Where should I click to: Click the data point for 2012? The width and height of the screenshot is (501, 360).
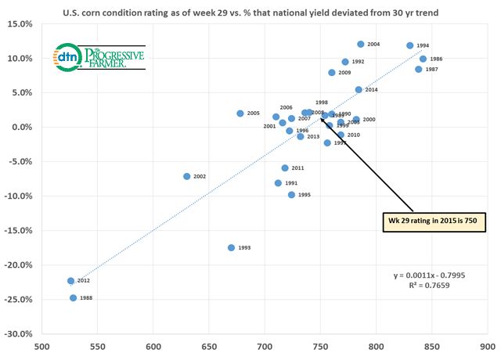click(70, 281)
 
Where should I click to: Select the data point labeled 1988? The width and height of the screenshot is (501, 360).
click(74, 298)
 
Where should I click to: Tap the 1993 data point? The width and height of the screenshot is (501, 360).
click(231, 248)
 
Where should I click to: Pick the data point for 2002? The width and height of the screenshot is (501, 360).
click(186, 177)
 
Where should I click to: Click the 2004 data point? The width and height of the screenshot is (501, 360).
click(361, 45)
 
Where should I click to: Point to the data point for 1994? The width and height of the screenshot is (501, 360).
click(410, 46)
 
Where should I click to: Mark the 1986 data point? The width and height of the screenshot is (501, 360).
click(424, 59)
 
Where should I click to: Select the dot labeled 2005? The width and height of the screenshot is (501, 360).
click(240, 113)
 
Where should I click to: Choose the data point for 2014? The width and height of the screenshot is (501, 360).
click(359, 90)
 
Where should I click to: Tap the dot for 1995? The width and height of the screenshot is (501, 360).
click(292, 195)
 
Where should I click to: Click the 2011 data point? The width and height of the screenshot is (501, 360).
click(285, 168)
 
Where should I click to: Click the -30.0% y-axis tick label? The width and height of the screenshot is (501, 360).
click(20, 334)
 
